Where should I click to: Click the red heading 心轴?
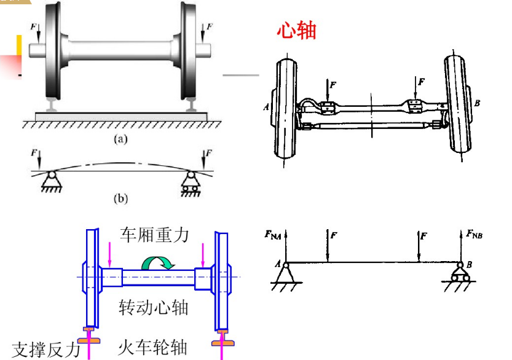[x=297, y=29]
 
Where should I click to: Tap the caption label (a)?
[x=121, y=139]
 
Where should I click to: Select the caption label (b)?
[x=121, y=198]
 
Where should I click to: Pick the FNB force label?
[x=473, y=234]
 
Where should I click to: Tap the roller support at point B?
[x=459, y=276]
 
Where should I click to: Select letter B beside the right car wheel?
[x=477, y=104]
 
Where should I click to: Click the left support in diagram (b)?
[x=49, y=179]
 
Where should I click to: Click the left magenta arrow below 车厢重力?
[x=109, y=252]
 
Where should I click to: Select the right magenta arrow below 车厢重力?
[x=203, y=252]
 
